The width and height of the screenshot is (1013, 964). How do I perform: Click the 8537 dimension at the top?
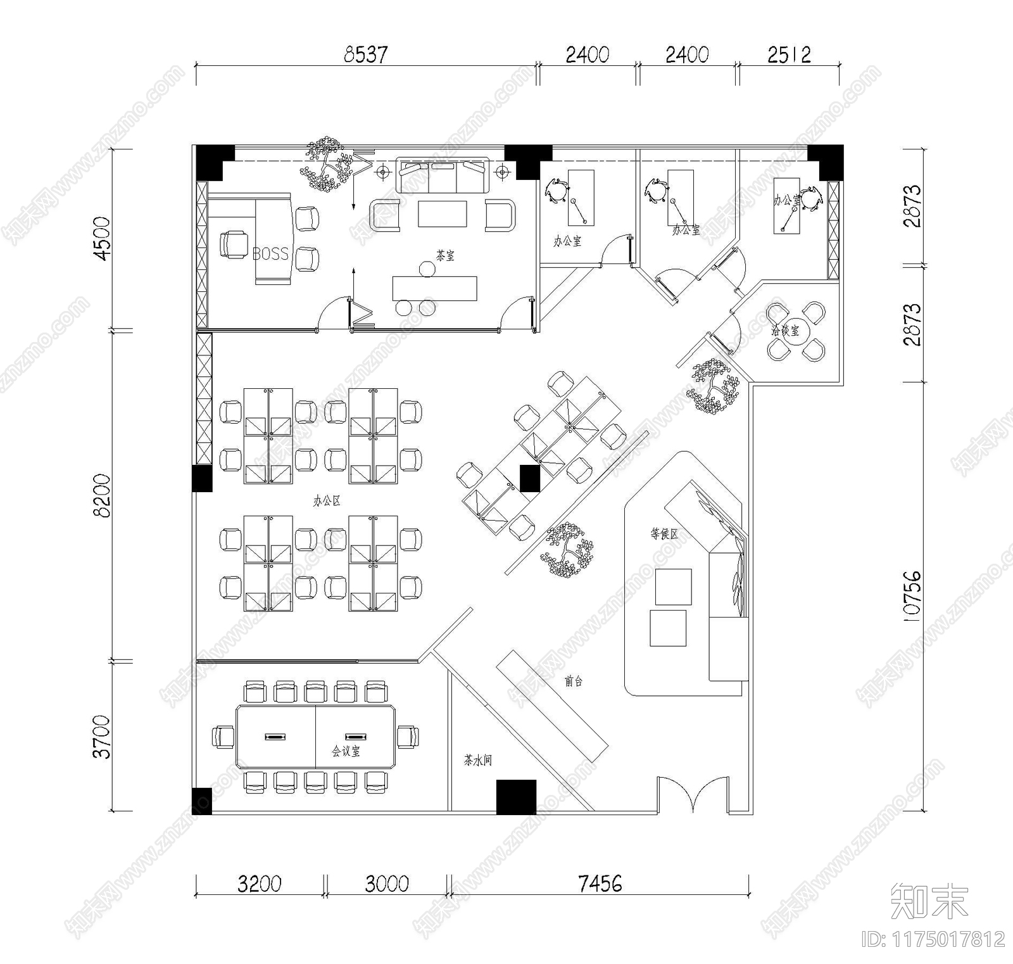(365, 54)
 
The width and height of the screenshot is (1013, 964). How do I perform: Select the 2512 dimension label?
(789, 54)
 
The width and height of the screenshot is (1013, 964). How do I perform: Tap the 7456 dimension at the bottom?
(600, 883)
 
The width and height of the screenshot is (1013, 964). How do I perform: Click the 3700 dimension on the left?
(101, 737)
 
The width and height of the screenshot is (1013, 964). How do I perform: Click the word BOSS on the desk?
(270, 254)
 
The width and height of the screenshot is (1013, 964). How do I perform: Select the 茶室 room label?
(445, 256)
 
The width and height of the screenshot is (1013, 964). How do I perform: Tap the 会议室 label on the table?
(346, 751)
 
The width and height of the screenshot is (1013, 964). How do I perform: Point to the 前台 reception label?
(573, 682)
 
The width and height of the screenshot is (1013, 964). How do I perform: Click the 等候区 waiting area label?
(664, 534)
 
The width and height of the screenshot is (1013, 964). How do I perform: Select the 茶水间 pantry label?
(477, 760)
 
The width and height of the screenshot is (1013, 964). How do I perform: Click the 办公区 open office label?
(327, 501)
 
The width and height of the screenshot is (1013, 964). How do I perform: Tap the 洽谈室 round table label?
(785, 331)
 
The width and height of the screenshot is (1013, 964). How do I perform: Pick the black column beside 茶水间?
(516, 797)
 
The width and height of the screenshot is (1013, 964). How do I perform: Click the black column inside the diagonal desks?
(529, 478)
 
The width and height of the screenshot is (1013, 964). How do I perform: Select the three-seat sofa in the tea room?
(443, 175)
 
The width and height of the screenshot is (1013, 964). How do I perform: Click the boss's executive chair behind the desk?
(234, 244)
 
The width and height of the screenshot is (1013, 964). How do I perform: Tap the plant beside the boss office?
(327, 163)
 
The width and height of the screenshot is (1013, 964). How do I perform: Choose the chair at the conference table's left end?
(223, 737)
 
